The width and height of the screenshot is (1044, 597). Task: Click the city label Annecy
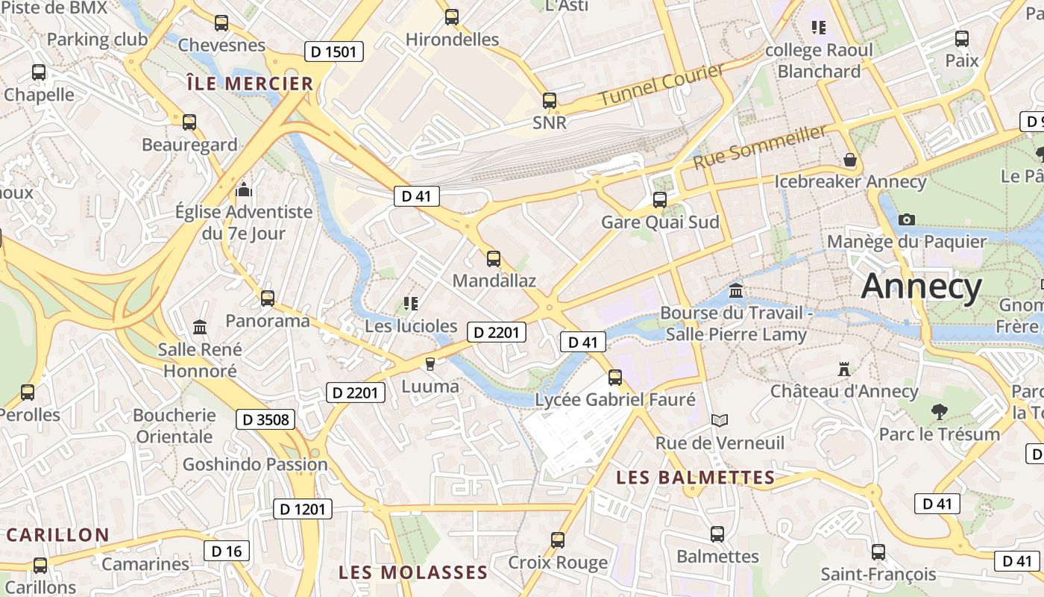pos(922,287)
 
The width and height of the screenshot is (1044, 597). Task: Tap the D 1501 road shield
pos(335,51)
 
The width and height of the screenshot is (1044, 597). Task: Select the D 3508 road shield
pos(265,419)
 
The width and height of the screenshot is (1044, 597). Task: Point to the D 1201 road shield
pos(303,509)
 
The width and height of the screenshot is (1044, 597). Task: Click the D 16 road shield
pos(227,551)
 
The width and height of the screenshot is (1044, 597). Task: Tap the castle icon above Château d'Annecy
pos(844,369)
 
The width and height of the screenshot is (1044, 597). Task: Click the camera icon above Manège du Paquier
pos(907,219)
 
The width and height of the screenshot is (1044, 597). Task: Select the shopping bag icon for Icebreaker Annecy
pos(849,160)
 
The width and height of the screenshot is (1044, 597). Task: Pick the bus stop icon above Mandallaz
pos(494,259)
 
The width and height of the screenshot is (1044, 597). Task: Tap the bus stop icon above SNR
pos(550,101)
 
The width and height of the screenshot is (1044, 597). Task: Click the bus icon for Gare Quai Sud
pos(660,200)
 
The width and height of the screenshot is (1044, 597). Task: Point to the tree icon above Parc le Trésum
pos(939,411)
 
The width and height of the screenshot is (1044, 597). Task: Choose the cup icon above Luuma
pos(430,364)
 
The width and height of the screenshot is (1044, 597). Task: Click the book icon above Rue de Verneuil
pos(719,421)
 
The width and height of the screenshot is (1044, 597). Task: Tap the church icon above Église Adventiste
pos(243,190)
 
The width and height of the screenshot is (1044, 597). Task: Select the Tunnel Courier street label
pos(661,84)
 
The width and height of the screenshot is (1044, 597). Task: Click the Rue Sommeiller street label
pos(760,146)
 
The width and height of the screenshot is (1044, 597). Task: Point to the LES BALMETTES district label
pos(696,478)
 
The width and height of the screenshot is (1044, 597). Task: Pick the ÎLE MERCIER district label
pos(250,84)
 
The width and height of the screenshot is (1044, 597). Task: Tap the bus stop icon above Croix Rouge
pos(558,540)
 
